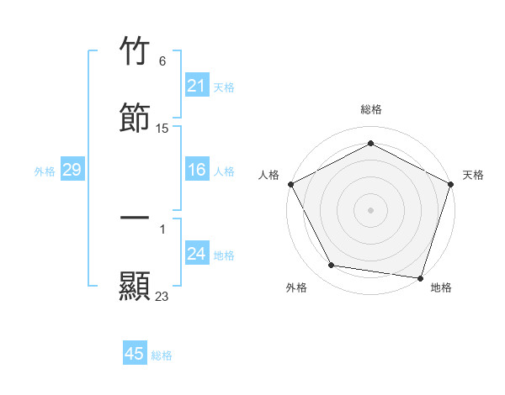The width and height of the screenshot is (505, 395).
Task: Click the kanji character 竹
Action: point(135,52)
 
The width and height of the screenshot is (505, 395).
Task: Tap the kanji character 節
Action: point(135,117)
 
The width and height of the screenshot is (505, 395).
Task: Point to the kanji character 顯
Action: point(135,285)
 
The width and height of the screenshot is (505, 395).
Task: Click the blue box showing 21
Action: point(196,86)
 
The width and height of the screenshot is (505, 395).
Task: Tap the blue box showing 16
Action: point(196,171)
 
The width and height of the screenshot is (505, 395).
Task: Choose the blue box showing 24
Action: point(196,255)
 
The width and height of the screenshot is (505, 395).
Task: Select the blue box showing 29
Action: point(72,171)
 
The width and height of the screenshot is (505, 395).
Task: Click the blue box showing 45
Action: point(135,354)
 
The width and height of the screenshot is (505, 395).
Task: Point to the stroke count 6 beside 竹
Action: point(162,61)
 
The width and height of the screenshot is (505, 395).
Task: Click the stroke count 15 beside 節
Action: point(162,129)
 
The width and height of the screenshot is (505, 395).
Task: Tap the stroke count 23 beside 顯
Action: point(162,296)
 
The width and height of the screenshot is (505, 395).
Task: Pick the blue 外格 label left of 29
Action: point(45,171)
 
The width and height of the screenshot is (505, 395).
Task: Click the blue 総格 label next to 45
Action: point(162,355)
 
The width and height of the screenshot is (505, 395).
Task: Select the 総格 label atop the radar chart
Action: point(370,109)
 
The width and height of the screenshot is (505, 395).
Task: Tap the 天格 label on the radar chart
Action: point(473,175)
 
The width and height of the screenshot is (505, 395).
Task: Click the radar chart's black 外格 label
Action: point(296,287)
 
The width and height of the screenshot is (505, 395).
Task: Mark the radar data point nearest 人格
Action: point(291,184)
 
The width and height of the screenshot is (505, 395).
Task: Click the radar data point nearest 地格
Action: point(420,277)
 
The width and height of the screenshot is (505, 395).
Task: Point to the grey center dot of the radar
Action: point(370,209)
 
